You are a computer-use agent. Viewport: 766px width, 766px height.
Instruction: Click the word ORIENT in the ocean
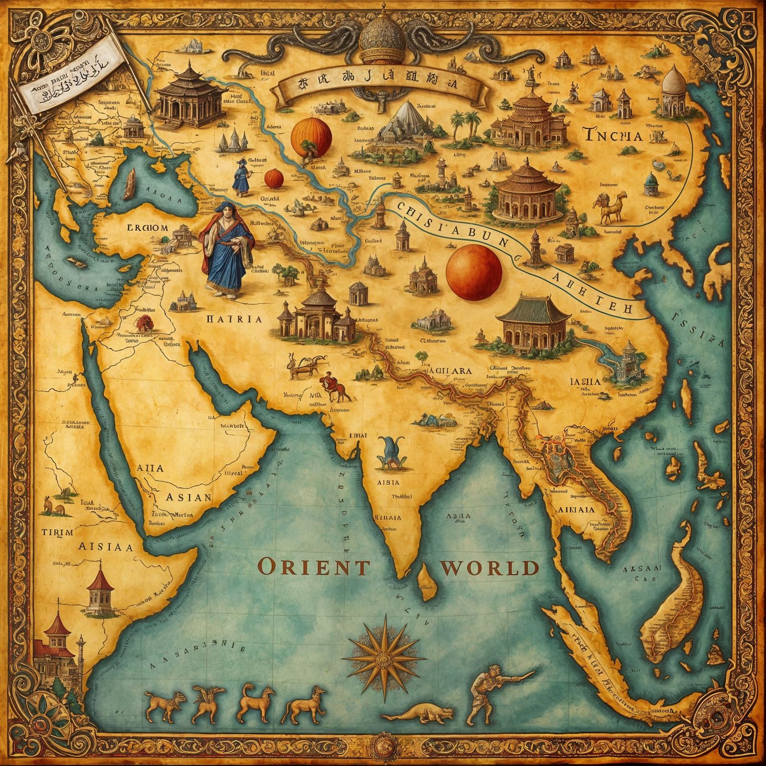(314, 568)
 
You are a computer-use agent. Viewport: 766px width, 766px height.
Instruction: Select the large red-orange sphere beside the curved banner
(474, 270)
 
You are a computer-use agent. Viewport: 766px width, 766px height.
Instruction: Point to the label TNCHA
(613, 135)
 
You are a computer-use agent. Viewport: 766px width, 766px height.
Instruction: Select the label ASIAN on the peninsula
(188, 497)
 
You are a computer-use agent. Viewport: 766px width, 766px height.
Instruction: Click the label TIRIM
(57, 532)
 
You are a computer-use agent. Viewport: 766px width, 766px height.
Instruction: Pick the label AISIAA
(105, 547)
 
